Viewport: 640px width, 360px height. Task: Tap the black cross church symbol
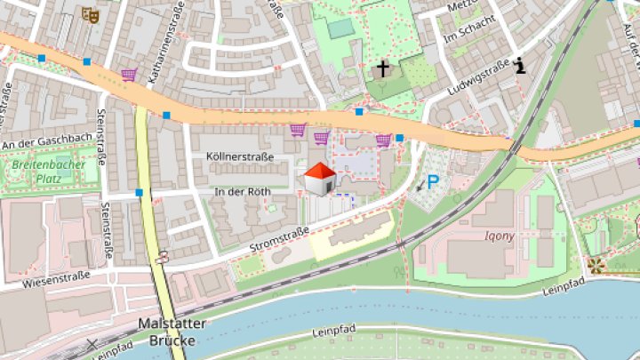pyautogui.click(x=383, y=68)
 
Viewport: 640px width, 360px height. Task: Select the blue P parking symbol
pyautogui.click(x=433, y=182)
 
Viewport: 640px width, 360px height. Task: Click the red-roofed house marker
pyautogui.click(x=319, y=178)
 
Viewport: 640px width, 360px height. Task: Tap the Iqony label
pyautogui.click(x=500, y=236)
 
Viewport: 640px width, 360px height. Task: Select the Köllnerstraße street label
pyautogui.click(x=233, y=156)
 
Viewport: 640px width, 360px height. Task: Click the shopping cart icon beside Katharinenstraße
pyautogui.click(x=129, y=75)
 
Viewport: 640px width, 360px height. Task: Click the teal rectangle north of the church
pyautogui.click(x=340, y=28)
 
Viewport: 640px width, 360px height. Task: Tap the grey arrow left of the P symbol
pyautogui.click(x=419, y=187)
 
